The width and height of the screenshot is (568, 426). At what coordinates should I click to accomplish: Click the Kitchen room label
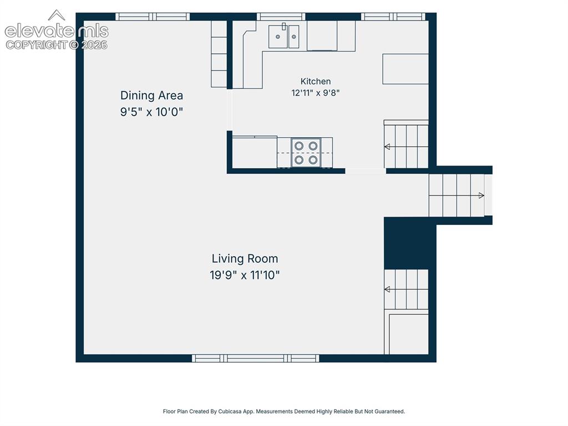[316, 81]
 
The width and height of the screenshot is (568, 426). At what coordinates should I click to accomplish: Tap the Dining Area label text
[151, 96]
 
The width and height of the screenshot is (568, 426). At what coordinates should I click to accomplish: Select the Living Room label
[245, 259]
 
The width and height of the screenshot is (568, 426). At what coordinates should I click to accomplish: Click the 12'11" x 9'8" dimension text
[316, 93]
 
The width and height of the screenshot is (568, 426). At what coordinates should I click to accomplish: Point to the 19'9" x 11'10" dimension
[245, 275]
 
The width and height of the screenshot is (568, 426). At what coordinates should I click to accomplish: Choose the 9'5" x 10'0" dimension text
[151, 112]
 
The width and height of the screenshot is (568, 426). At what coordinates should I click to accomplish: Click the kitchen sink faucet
[284, 27]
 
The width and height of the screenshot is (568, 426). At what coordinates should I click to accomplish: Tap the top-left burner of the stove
[299, 146]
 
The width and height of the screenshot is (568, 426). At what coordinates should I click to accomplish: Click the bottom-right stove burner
[313, 159]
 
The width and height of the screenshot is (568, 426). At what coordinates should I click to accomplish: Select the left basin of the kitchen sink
[278, 37]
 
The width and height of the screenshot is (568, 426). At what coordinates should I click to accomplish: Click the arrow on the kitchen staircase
[406, 147]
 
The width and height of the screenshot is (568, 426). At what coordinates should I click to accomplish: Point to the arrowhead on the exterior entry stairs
[481, 196]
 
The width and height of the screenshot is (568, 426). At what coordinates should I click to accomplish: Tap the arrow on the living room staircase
[406, 289]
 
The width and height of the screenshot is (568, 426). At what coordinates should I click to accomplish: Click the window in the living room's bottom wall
[255, 358]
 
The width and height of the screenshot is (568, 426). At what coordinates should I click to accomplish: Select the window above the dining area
[153, 17]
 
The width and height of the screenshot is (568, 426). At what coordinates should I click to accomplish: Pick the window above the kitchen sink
[281, 17]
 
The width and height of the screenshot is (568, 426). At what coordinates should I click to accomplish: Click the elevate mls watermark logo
[57, 30]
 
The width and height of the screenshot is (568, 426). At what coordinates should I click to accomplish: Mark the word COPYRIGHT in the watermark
[36, 45]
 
